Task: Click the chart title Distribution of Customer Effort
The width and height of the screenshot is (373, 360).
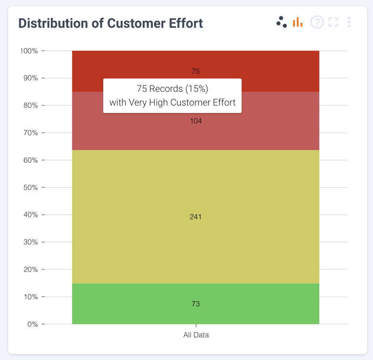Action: (x=111, y=23)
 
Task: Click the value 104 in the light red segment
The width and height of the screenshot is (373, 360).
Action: (x=196, y=121)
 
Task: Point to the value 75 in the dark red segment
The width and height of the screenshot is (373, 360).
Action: (x=196, y=71)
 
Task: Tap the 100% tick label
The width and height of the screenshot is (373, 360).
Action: (x=28, y=51)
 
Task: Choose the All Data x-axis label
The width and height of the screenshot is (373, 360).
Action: (x=196, y=335)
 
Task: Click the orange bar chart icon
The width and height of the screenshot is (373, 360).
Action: (x=298, y=22)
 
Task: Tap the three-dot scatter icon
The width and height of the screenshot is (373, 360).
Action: (x=282, y=22)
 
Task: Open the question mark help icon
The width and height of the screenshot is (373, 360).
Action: (x=317, y=22)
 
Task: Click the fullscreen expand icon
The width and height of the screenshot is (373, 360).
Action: (x=333, y=22)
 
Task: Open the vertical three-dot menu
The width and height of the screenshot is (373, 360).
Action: (x=349, y=22)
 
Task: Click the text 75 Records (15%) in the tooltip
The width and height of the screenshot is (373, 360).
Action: (x=172, y=89)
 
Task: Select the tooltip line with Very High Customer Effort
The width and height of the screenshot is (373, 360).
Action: (x=172, y=103)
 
